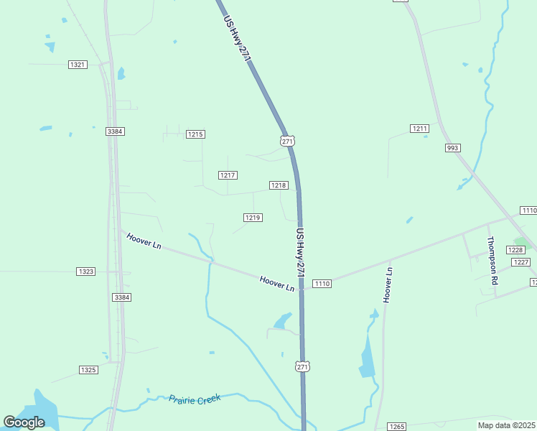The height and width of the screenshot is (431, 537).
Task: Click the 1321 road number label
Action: [x=78, y=65]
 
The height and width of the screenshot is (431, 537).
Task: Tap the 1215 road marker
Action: [x=195, y=134]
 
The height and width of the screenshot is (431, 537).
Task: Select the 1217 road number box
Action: [x=228, y=175]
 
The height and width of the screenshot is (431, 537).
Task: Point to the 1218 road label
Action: [x=279, y=185]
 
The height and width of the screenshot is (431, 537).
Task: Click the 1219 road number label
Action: [x=252, y=218]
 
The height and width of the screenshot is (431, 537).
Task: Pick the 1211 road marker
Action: [x=419, y=129]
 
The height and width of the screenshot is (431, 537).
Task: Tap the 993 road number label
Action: [x=452, y=148]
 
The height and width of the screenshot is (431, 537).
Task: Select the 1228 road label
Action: [x=515, y=249]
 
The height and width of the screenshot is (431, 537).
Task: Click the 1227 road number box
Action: [x=520, y=262]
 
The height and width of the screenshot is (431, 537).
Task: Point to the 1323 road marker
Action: [x=85, y=272]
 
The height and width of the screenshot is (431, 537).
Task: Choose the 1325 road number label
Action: [x=88, y=370]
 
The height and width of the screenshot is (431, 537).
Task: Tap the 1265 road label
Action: [x=396, y=427]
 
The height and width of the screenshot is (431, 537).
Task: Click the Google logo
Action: [x=24, y=422]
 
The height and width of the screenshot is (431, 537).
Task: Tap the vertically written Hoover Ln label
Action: [x=388, y=284]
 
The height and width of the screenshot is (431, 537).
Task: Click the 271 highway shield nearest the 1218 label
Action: [x=288, y=142]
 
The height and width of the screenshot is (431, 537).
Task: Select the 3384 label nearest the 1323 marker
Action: [x=121, y=297]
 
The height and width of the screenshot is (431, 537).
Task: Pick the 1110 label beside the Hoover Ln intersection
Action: [x=322, y=284]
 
